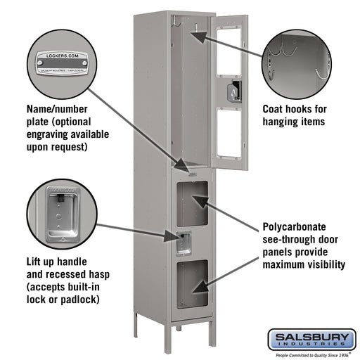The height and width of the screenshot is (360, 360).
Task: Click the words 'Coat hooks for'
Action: tap(293, 109)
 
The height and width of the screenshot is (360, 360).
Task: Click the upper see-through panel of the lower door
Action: tap(191, 202)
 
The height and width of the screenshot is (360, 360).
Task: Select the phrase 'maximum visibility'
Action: tap(303, 265)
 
